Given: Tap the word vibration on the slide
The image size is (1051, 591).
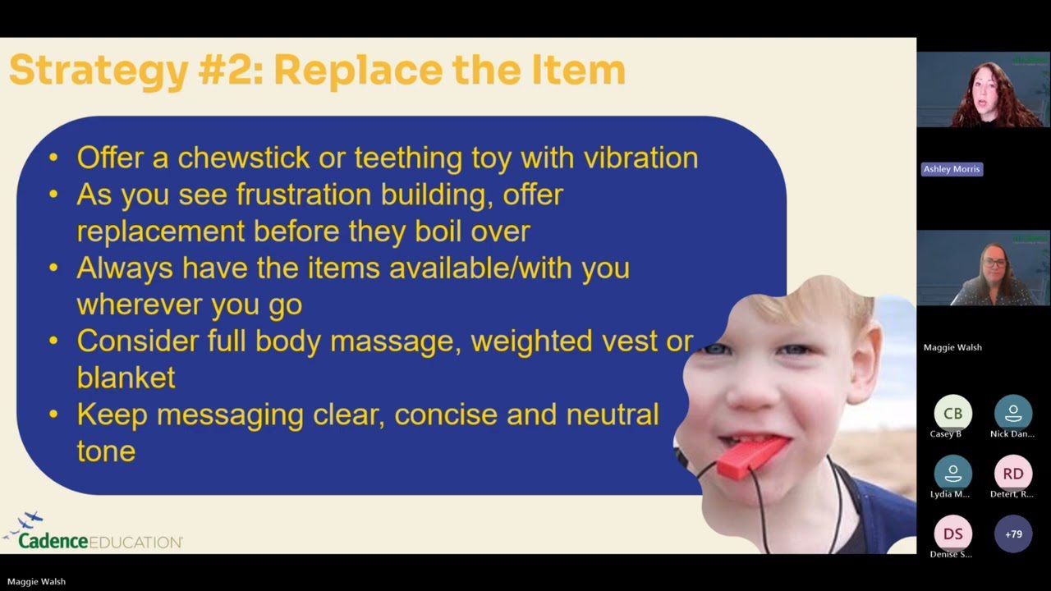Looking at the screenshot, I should [x=640, y=158].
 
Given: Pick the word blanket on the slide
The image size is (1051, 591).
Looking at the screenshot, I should [x=126, y=378].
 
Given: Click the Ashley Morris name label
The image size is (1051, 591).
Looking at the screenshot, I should [x=952, y=169].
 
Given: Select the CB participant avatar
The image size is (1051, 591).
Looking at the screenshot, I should [x=952, y=414].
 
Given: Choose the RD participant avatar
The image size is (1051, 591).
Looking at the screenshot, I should [x=1013, y=474].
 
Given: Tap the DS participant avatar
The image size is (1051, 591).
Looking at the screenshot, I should [x=952, y=534].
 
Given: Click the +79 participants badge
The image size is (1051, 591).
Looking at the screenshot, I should [x=1013, y=534].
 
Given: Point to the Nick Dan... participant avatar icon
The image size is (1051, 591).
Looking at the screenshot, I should [x=1013, y=414].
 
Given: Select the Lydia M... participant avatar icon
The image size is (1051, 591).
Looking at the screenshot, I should [x=952, y=474].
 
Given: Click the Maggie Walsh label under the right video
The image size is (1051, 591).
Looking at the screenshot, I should [x=952, y=347].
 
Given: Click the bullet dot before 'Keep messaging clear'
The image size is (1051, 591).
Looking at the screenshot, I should [x=53, y=415].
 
